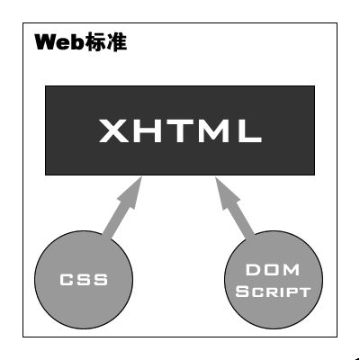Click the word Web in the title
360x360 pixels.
(x=58, y=42)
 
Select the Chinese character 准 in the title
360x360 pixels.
(x=116, y=42)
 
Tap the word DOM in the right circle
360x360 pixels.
(x=273, y=270)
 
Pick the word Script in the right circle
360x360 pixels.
(x=273, y=292)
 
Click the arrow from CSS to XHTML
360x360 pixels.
(x=122, y=208)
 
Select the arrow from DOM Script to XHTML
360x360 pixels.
(x=235, y=208)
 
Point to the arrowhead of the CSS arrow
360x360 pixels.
(x=133, y=191)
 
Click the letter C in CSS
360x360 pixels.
(x=67, y=280)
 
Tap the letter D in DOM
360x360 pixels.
(x=253, y=270)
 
